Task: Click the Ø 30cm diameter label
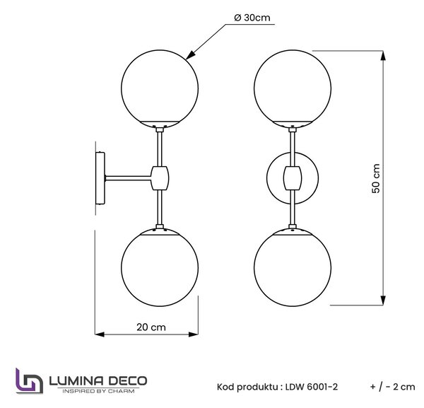252,18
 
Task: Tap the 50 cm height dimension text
376,178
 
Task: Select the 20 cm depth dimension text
151,327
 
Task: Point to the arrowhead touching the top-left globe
190,54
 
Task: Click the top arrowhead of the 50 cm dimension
383,56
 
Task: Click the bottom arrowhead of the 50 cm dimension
383,301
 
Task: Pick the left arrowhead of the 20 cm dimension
100,334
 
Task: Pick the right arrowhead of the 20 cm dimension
194,334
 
